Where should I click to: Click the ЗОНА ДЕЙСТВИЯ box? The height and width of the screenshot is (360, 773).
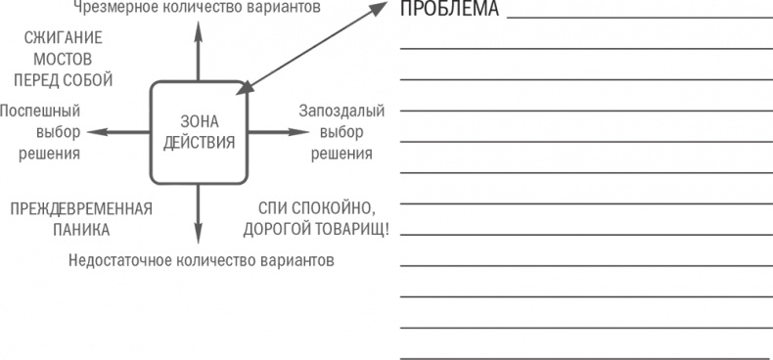click(199, 132)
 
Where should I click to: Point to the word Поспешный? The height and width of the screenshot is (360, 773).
click(40, 111)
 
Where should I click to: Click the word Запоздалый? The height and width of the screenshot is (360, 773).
click(341, 111)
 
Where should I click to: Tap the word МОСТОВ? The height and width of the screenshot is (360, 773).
click(64, 59)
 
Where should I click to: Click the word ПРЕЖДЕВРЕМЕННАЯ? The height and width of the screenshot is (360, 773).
click(81, 208)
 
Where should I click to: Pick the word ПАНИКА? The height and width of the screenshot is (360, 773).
click(81, 230)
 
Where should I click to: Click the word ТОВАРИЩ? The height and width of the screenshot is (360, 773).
click(349, 230)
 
